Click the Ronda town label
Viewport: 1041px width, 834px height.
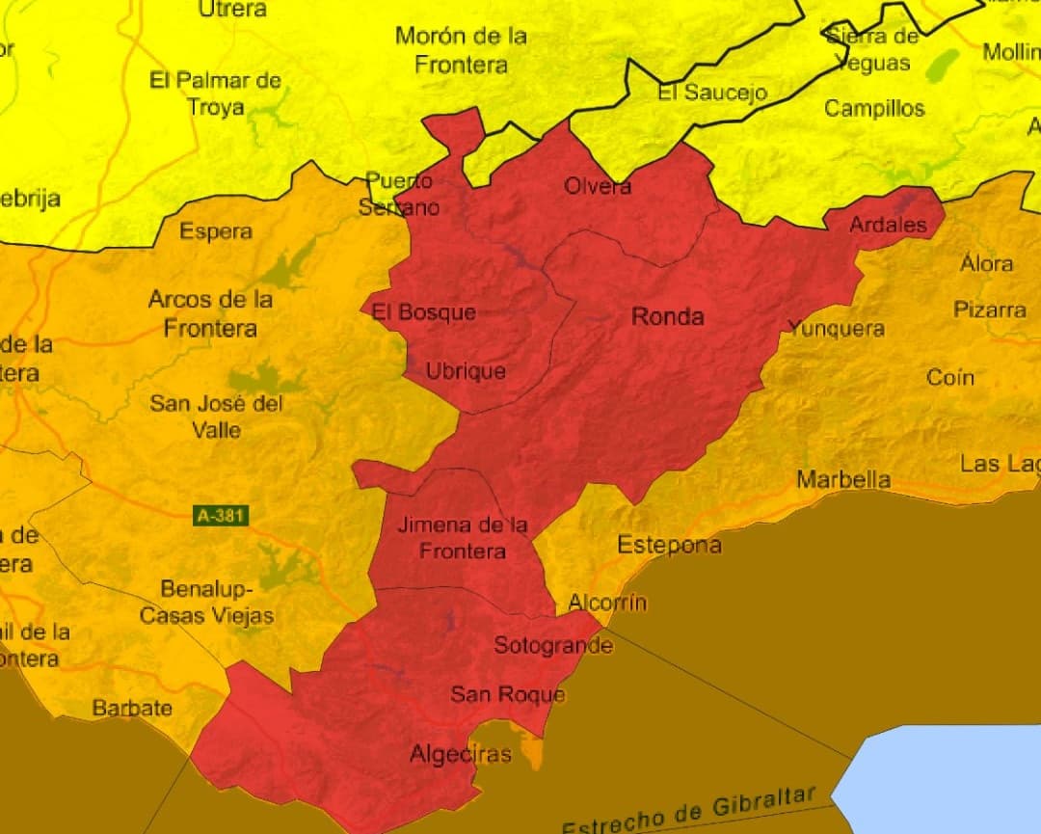pyautogui.click(x=667, y=316)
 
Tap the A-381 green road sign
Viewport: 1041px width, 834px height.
pyautogui.click(x=222, y=516)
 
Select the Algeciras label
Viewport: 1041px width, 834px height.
pyautogui.click(x=460, y=754)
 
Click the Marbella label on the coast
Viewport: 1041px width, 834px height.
pyautogui.click(x=843, y=479)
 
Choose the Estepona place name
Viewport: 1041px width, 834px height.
pyautogui.click(x=669, y=545)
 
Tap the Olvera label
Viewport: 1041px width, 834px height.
pyautogui.click(x=598, y=186)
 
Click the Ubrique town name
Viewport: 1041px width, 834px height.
pyautogui.click(x=466, y=371)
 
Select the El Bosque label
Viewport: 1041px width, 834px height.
pyautogui.click(x=424, y=312)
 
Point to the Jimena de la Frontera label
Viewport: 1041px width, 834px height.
pyautogui.click(x=463, y=538)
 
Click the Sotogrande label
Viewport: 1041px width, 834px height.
pyautogui.click(x=552, y=645)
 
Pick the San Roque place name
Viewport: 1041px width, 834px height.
pyautogui.click(x=507, y=694)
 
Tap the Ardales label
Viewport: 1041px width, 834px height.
pyautogui.click(x=888, y=225)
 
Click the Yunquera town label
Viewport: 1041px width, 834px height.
pyautogui.click(x=836, y=328)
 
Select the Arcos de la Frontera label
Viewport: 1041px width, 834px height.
pyautogui.click(x=210, y=313)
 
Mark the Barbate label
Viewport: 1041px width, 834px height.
pyautogui.click(x=132, y=708)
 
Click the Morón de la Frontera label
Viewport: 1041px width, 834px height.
pyautogui.click(x=461, y=50)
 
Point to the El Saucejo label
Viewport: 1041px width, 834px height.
pyautogui.click(x=712, y=93)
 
